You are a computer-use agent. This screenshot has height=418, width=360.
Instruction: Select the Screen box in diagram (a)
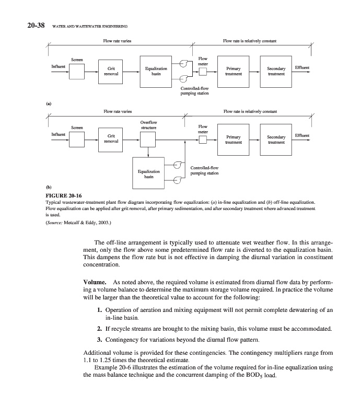[77, 71]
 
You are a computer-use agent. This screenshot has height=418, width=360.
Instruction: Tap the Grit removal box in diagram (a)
[111, 71]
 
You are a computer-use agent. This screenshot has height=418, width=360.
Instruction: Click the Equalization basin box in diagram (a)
[156, 71]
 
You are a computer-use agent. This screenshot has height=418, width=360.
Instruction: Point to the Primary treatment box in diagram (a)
[233, 71]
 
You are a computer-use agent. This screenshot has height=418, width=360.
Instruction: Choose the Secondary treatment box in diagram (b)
[276, 140]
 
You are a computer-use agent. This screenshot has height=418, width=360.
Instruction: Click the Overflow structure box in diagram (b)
[148, 140]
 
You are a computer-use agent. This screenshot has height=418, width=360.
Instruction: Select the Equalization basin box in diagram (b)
[148, 172]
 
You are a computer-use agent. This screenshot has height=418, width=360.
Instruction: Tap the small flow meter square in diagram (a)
[203, 72]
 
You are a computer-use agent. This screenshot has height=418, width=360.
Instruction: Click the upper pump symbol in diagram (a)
[184, 64]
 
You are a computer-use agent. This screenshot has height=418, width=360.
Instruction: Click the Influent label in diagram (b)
[58, 135]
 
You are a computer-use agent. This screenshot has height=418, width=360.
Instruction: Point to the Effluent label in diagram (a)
[302, 67]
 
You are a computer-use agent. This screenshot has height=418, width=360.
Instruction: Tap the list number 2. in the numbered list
[99, 329]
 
